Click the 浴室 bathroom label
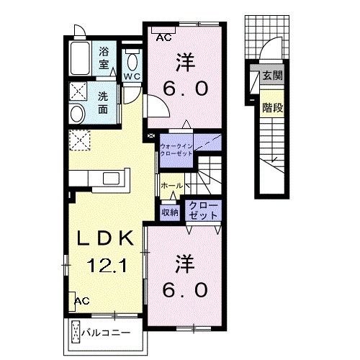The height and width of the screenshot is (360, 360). (104, 58)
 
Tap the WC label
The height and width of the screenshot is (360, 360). (132, 76)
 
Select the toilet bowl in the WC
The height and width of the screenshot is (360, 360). (132, 62)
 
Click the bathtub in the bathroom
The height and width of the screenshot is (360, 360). (81, 58)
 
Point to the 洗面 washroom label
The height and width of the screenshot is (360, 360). (103, 103)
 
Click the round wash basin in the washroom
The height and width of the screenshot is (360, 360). (77, 114)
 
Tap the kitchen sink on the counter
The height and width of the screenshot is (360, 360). (111, 179)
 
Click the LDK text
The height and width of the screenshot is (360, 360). (105, 238)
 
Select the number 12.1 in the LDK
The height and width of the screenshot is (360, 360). (107, 265)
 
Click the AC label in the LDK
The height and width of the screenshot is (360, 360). (82, 301)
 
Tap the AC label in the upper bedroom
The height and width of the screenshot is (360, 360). (164, 37)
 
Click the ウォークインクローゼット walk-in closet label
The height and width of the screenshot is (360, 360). (176, 150)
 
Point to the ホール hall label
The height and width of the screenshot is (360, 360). (172, 185)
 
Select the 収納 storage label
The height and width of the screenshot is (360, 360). (170, 212)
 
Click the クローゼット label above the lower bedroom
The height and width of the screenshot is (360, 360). (203, 211)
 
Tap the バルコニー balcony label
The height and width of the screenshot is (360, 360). (106, 333)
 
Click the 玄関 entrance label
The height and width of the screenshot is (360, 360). (272, 76)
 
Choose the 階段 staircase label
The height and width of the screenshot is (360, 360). (273, 108)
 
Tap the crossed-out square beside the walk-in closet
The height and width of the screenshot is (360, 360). (151, 136)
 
